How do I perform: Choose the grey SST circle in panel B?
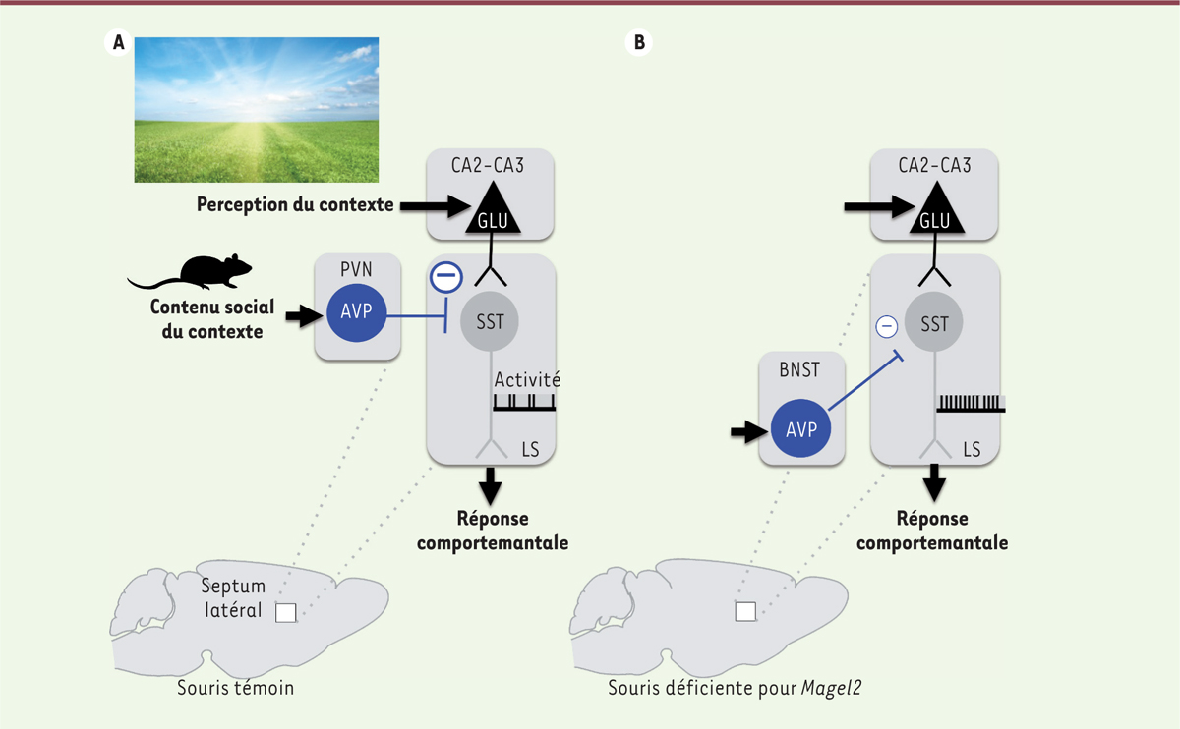[x=934, y=323]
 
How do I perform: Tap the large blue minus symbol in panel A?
[x=445, y=278]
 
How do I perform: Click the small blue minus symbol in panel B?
[x=887, y=325]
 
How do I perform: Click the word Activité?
[x=526, y=379]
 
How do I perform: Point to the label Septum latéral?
[x=233, y=597]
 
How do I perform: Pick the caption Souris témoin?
[x=235, y=687]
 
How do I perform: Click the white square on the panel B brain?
[x=745, y=612]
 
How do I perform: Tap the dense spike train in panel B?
[x=971, y=402]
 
